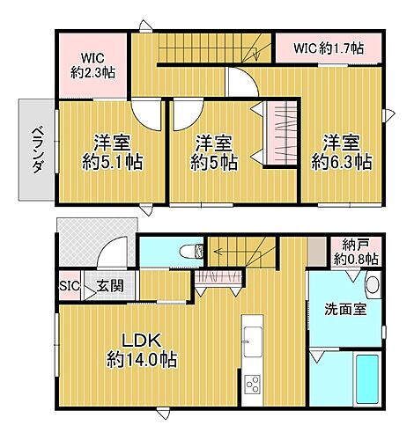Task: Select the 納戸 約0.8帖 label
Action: click(x=356, y=253)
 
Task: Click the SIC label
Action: click(x=69, y=286)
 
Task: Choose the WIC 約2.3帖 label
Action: click(x=92, y=64)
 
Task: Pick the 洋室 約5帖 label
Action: click(x=215, y=151)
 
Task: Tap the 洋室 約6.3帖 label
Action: click(x=341, y=151)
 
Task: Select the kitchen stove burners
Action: click(x=253, y=385)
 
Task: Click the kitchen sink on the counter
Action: click(x=251, y=336)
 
